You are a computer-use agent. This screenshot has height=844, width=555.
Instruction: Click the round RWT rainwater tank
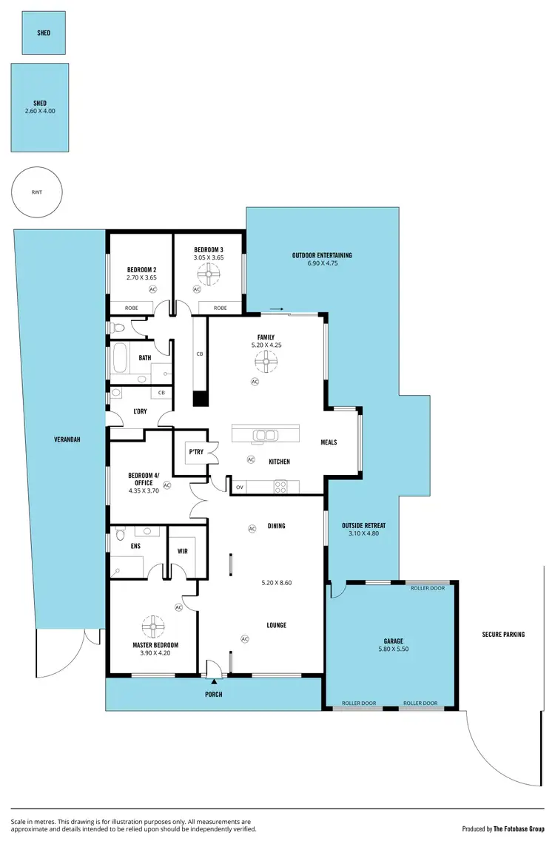(x=36, y=192)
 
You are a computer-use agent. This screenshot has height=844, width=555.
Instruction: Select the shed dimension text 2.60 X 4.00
(x=40, y=111)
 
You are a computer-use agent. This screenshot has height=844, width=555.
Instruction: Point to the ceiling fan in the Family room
(x=266, y=362)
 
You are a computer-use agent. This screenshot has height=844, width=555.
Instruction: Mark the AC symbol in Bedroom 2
(x=153, y=290)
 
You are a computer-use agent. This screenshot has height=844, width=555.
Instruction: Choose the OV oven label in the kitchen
(x=239, y=487)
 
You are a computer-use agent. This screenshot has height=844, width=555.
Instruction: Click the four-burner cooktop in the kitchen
(x=281, y=486)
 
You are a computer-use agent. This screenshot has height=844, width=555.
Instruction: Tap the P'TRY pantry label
(x=196, y=452)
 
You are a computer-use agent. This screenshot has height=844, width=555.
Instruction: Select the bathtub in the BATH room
(x=120, y=358)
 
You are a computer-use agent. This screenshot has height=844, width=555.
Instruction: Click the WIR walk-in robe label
(x=183, y=551)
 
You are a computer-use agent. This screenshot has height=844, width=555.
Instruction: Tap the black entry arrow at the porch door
(x=215, y=679)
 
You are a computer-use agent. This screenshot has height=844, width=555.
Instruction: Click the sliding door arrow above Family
(x=275, y=309)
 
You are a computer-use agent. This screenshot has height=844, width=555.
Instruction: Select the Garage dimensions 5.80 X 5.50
(x=392, y=649)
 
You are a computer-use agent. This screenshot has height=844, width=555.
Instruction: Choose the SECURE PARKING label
(x=503, y=634)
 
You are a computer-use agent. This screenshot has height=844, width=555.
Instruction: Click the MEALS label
(x=329, y=442)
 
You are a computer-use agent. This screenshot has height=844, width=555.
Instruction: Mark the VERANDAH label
(x=67, y=439)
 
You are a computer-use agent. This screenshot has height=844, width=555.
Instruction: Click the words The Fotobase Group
(x=517, y=829)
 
